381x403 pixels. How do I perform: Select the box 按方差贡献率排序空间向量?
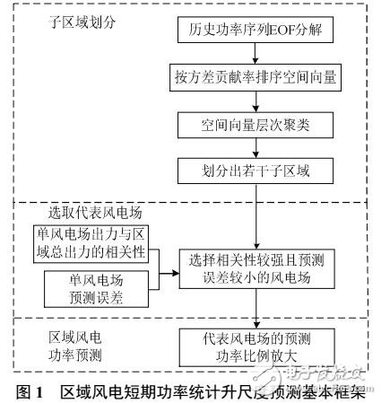coord(256,77)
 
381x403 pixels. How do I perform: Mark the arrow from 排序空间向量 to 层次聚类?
coord(256,101)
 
